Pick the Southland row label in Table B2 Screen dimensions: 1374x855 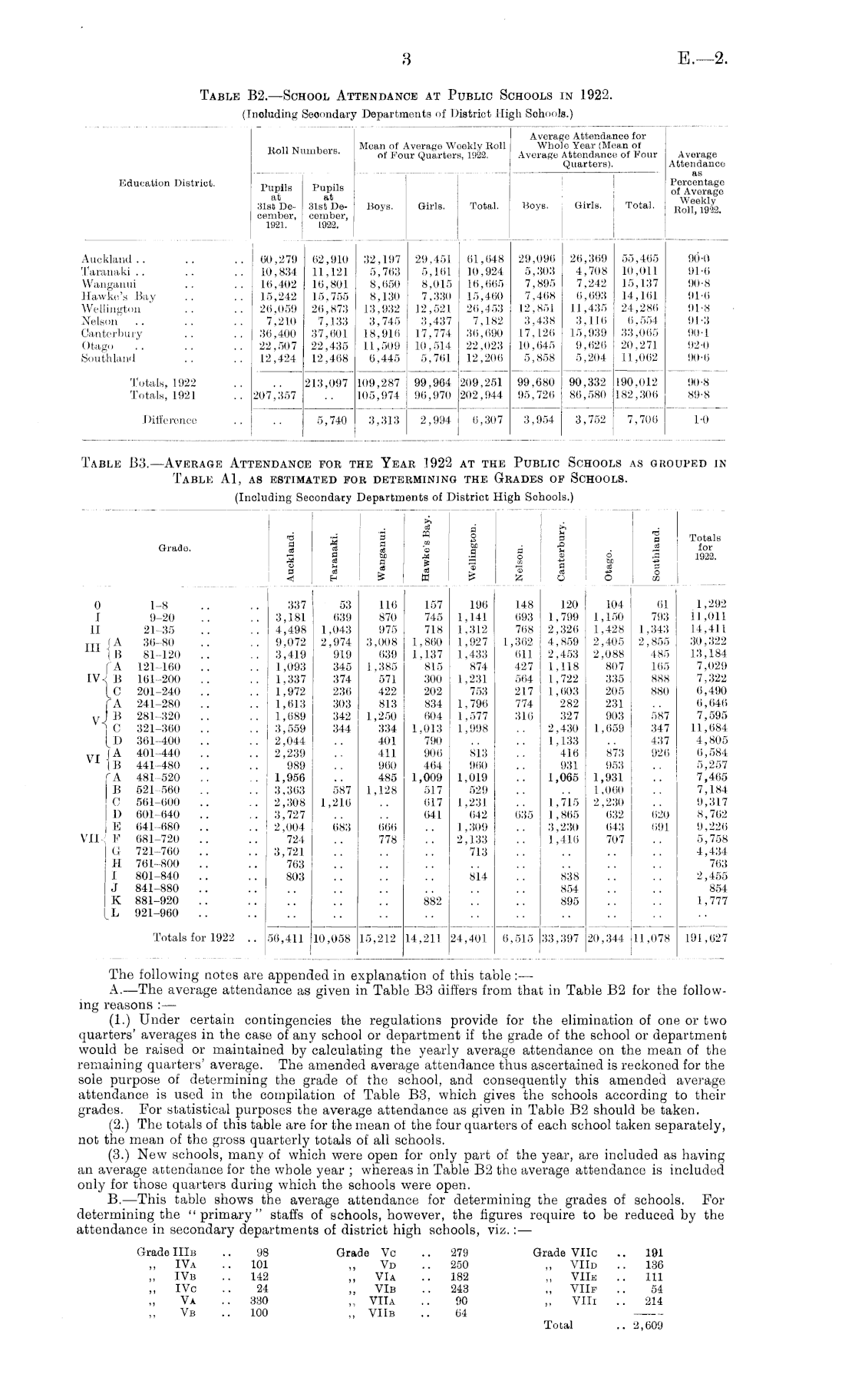(x=108, y=358)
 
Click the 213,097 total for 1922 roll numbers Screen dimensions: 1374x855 (x=328, y=381)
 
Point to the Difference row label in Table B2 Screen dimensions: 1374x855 (x=170, y=420)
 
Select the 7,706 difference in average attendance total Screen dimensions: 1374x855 (x=639, y=420)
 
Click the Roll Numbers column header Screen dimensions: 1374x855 (x=302, y=150)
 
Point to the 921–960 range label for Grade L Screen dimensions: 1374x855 (x=156, y=913)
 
